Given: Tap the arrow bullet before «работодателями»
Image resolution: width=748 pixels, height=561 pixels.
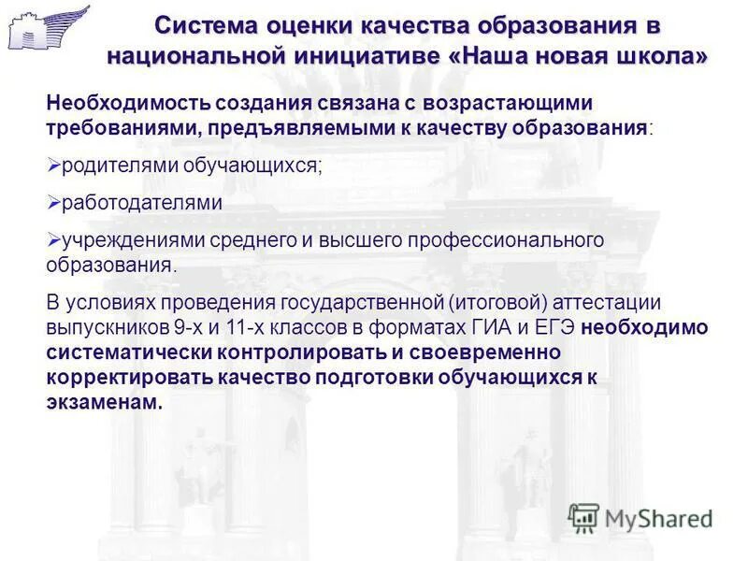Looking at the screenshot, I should click(x=53, y=201).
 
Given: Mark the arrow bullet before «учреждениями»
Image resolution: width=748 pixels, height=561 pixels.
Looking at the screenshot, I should click(x=53, y=239).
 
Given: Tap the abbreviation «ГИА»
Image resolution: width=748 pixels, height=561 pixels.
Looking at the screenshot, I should click(x=485, y=328).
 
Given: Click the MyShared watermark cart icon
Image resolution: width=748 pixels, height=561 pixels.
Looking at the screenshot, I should click(x=583, y=517).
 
